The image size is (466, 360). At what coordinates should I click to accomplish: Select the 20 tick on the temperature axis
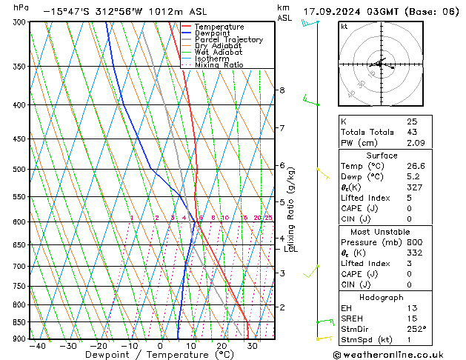[222, 345]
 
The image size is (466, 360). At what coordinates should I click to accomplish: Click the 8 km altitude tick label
[282, 90]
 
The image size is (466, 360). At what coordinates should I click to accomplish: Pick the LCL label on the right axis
[291, 249]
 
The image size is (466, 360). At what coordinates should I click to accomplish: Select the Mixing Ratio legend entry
[219, 65]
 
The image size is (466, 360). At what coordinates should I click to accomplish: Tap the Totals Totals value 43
[412, 132]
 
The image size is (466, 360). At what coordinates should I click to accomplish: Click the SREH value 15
[412, 319]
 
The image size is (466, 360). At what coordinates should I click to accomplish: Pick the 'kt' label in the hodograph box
[344, 27]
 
